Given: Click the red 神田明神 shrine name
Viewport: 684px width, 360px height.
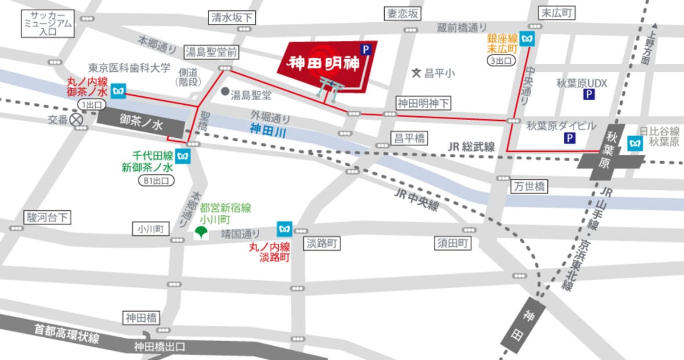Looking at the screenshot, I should click(323, 63).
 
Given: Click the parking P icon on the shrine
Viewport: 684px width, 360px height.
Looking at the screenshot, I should click(365, 50).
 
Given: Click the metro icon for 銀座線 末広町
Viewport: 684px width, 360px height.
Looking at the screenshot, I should click(530, 40).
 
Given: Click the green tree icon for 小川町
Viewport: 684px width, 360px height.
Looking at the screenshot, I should click(200, 232).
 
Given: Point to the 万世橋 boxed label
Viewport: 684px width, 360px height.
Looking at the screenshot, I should click(528, 186).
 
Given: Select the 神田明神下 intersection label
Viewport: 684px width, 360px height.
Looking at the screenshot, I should click(423, 104).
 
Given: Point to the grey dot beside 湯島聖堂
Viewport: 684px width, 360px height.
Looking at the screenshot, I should click(225, 91).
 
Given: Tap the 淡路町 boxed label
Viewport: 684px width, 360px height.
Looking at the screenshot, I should click(321, 244).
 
